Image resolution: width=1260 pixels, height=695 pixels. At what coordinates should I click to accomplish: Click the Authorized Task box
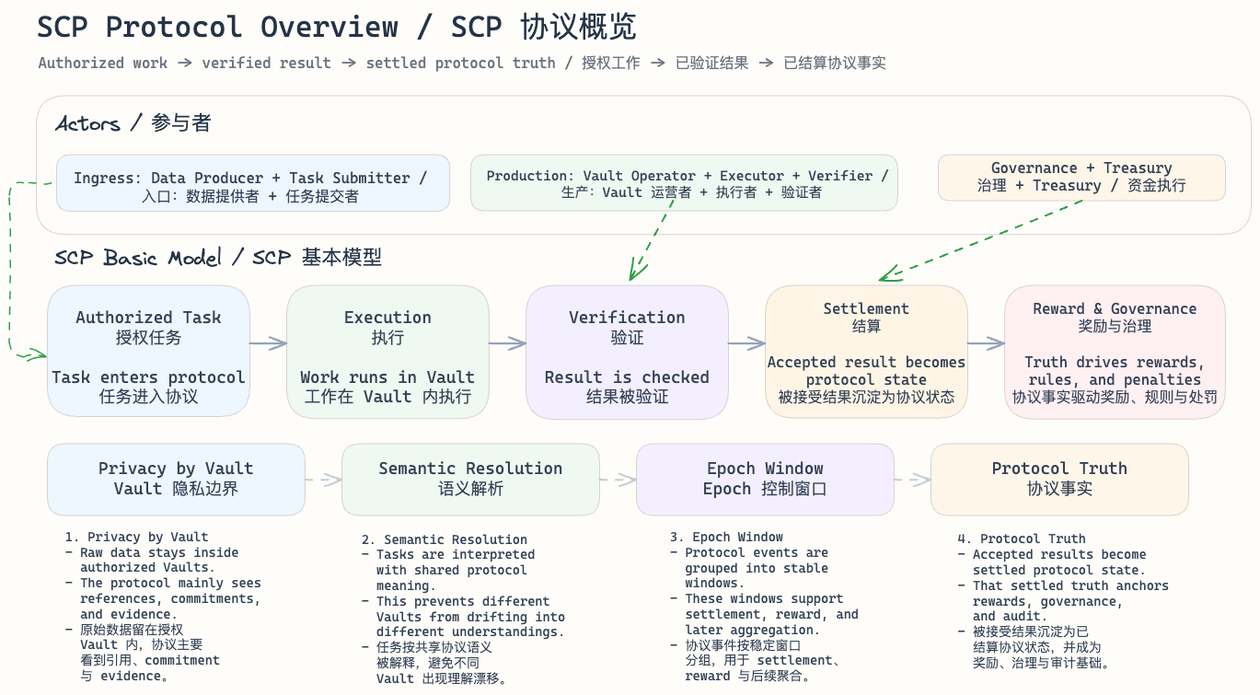coord(148,352)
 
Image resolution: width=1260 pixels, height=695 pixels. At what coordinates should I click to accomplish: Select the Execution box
coord(387,352)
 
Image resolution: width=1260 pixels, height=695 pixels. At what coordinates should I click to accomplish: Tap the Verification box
coord(627,352)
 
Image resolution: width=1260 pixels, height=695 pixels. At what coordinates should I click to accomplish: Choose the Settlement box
coord(866,352)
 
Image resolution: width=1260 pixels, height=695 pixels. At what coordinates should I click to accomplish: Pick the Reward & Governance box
coord(1115,352)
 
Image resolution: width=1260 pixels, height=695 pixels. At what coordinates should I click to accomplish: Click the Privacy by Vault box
coord(176,479)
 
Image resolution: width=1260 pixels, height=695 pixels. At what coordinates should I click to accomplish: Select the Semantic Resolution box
coord(470,479)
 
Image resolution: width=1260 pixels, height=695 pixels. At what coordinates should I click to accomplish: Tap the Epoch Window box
coord(765,479)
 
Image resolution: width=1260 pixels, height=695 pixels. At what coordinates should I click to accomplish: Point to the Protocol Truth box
coord(1059,479)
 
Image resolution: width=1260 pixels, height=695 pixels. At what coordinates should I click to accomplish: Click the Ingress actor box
coord(253,183)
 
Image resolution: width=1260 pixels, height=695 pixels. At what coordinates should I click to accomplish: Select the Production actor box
coord(684,183)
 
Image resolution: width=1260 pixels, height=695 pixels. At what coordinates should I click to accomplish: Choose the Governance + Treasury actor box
coord(1081,177)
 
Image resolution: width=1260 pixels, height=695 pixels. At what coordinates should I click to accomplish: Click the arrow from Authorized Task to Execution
coord(268,343)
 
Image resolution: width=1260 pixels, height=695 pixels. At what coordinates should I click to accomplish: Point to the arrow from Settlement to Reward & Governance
coord(986,343)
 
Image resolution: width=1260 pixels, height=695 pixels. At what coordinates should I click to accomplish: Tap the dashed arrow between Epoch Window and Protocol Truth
coord(912,479)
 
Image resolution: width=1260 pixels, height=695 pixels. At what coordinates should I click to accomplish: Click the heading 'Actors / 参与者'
coord(133,123)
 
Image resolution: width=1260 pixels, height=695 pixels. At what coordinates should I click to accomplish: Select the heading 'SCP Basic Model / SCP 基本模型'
coord(218,257)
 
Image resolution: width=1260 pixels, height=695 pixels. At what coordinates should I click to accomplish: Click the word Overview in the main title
coord(329,28)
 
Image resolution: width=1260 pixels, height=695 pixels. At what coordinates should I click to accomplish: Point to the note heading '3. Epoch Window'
coord(726,537)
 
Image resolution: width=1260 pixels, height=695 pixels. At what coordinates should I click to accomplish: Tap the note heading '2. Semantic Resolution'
coord(445,539)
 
